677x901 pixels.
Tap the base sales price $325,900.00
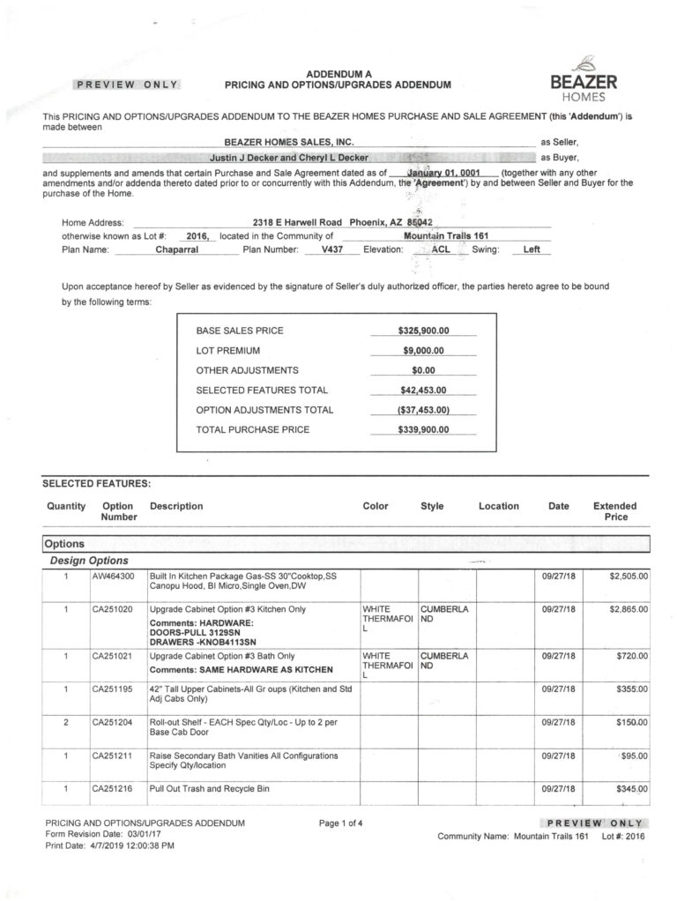click(423, 331)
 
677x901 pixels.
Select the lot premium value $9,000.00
click(423, 350)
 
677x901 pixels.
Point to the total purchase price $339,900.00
click(423, 429)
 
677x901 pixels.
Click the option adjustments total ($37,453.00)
click(423, 410)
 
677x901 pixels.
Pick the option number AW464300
click(112, 576)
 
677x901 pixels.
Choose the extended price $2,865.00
click(629, 609)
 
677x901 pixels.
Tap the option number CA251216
click(112, 787)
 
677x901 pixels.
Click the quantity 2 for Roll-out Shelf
click(65, 722)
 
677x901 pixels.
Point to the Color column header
click(376, 506)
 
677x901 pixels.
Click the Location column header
click(499, 506)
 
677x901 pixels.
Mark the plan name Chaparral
click(177, 249)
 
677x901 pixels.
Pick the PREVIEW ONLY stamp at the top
click(128, 85)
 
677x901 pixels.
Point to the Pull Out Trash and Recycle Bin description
click(209, 787)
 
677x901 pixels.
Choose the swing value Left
click(532, 249)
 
